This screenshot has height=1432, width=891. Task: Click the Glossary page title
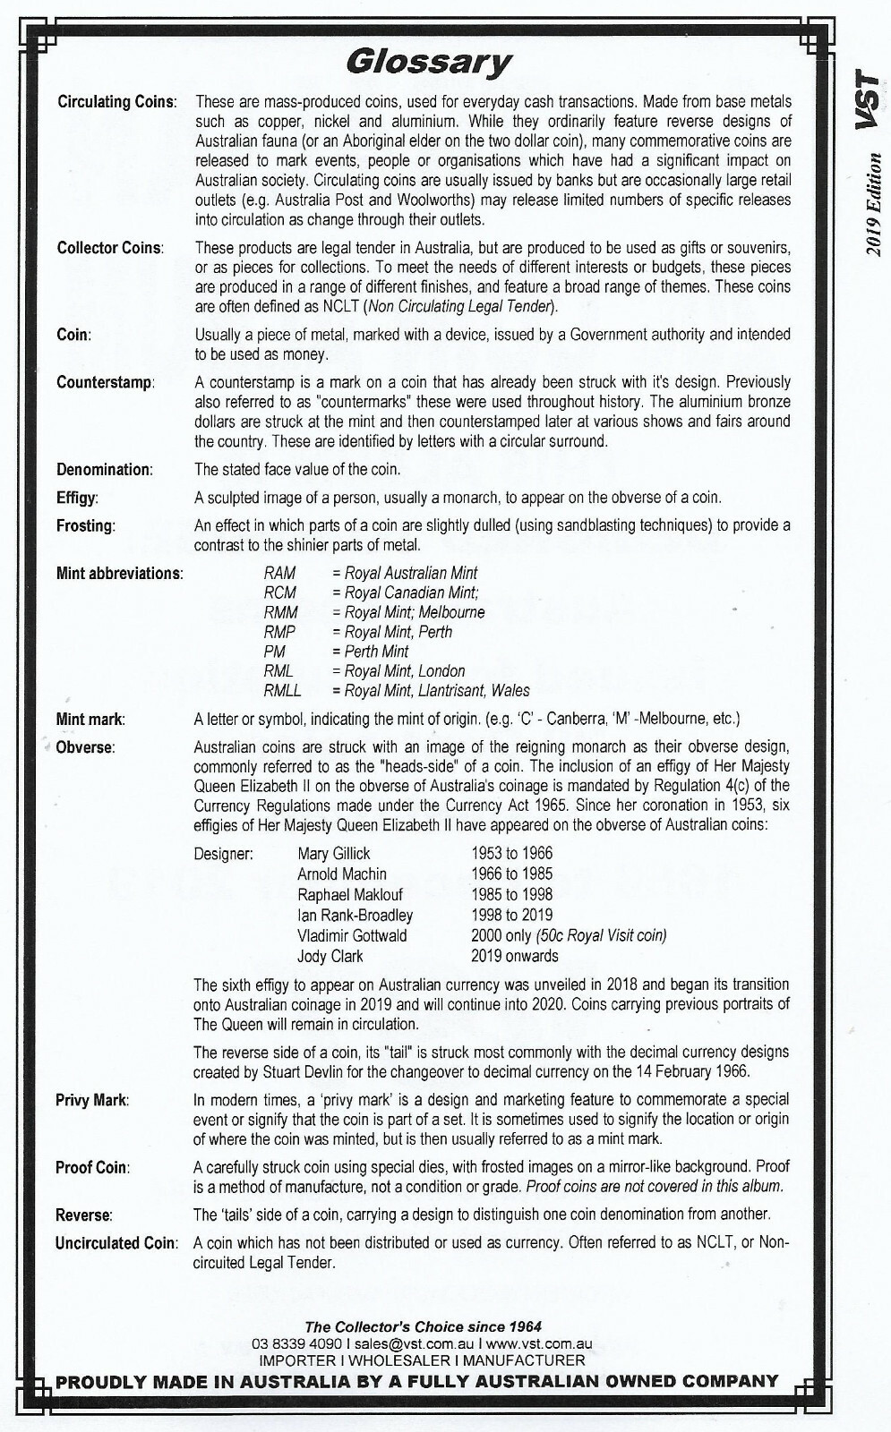click(x=428, y=62)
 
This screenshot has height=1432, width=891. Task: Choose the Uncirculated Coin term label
click(x=116, y=1243)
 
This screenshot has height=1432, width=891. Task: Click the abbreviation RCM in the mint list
click(x=279, y=592)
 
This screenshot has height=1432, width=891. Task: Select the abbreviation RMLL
click(x=282, y=690)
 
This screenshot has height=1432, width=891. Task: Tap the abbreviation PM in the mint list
click(x=274, y=651)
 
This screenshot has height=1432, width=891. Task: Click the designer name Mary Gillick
click(x=334, y=853)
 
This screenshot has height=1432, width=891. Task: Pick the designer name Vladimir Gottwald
click(x=352, y=935)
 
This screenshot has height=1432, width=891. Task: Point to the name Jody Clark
click(x=329, y=956)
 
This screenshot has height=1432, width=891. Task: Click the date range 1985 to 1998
click(x=511, y=894)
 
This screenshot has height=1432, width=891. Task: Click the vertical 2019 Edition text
click(x=872, y=205)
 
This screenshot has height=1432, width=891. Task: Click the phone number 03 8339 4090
click(x=297, y=1343)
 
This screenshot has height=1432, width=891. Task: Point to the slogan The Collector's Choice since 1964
click(x=424, y=1326)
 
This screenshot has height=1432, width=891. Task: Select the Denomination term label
click(x=105, y=469)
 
